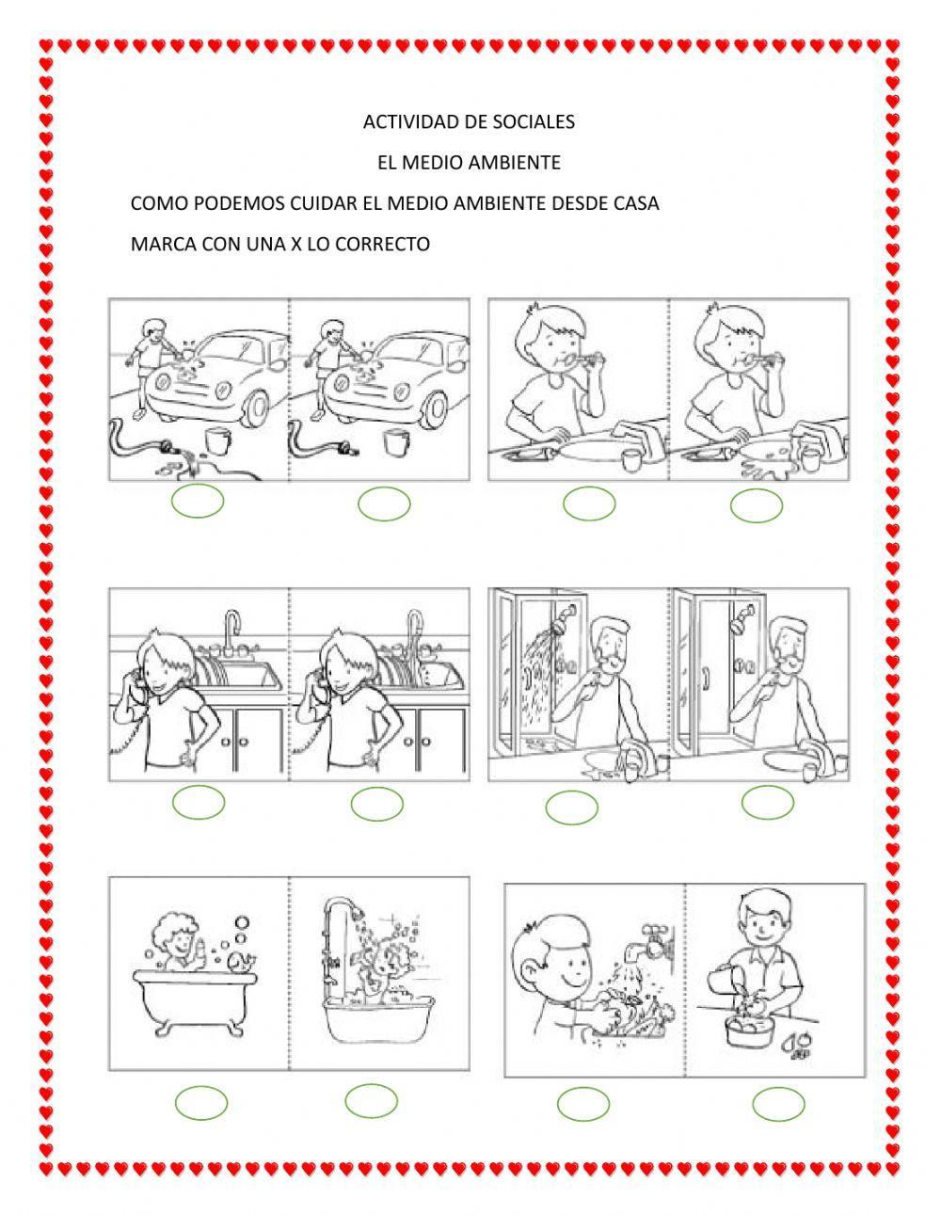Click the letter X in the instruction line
295,245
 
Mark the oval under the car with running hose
198,501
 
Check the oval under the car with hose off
384,504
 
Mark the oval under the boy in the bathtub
201,1103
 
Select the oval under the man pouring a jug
778,1104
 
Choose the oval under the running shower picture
571,807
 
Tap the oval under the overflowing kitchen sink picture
377,804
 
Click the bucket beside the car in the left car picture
217,439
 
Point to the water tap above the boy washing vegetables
654,939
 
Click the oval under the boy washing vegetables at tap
583,1104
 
